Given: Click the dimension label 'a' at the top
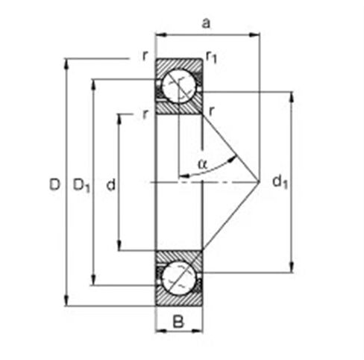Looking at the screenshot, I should tap(207, 23).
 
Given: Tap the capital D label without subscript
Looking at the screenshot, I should tap(54, 183).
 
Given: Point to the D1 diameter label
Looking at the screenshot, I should tap(81, 184).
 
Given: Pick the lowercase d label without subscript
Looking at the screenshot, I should tap(110, 184).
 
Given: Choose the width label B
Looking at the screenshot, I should tap(178, 323).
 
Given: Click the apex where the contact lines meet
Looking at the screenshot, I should tap(259, 181).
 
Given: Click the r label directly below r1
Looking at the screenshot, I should tap(213, 112).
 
